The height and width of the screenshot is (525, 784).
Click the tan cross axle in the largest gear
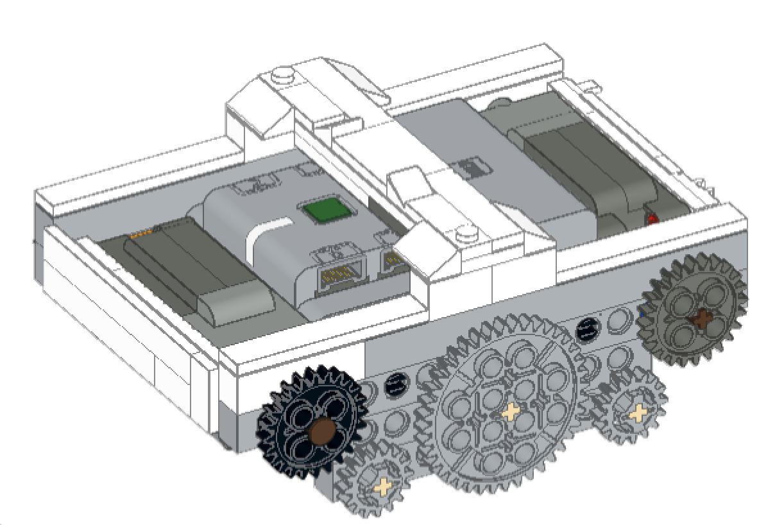510,411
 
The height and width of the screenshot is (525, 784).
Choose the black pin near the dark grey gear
586,329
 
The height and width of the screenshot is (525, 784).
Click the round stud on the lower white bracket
460,236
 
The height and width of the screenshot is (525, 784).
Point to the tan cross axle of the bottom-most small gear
383,486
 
